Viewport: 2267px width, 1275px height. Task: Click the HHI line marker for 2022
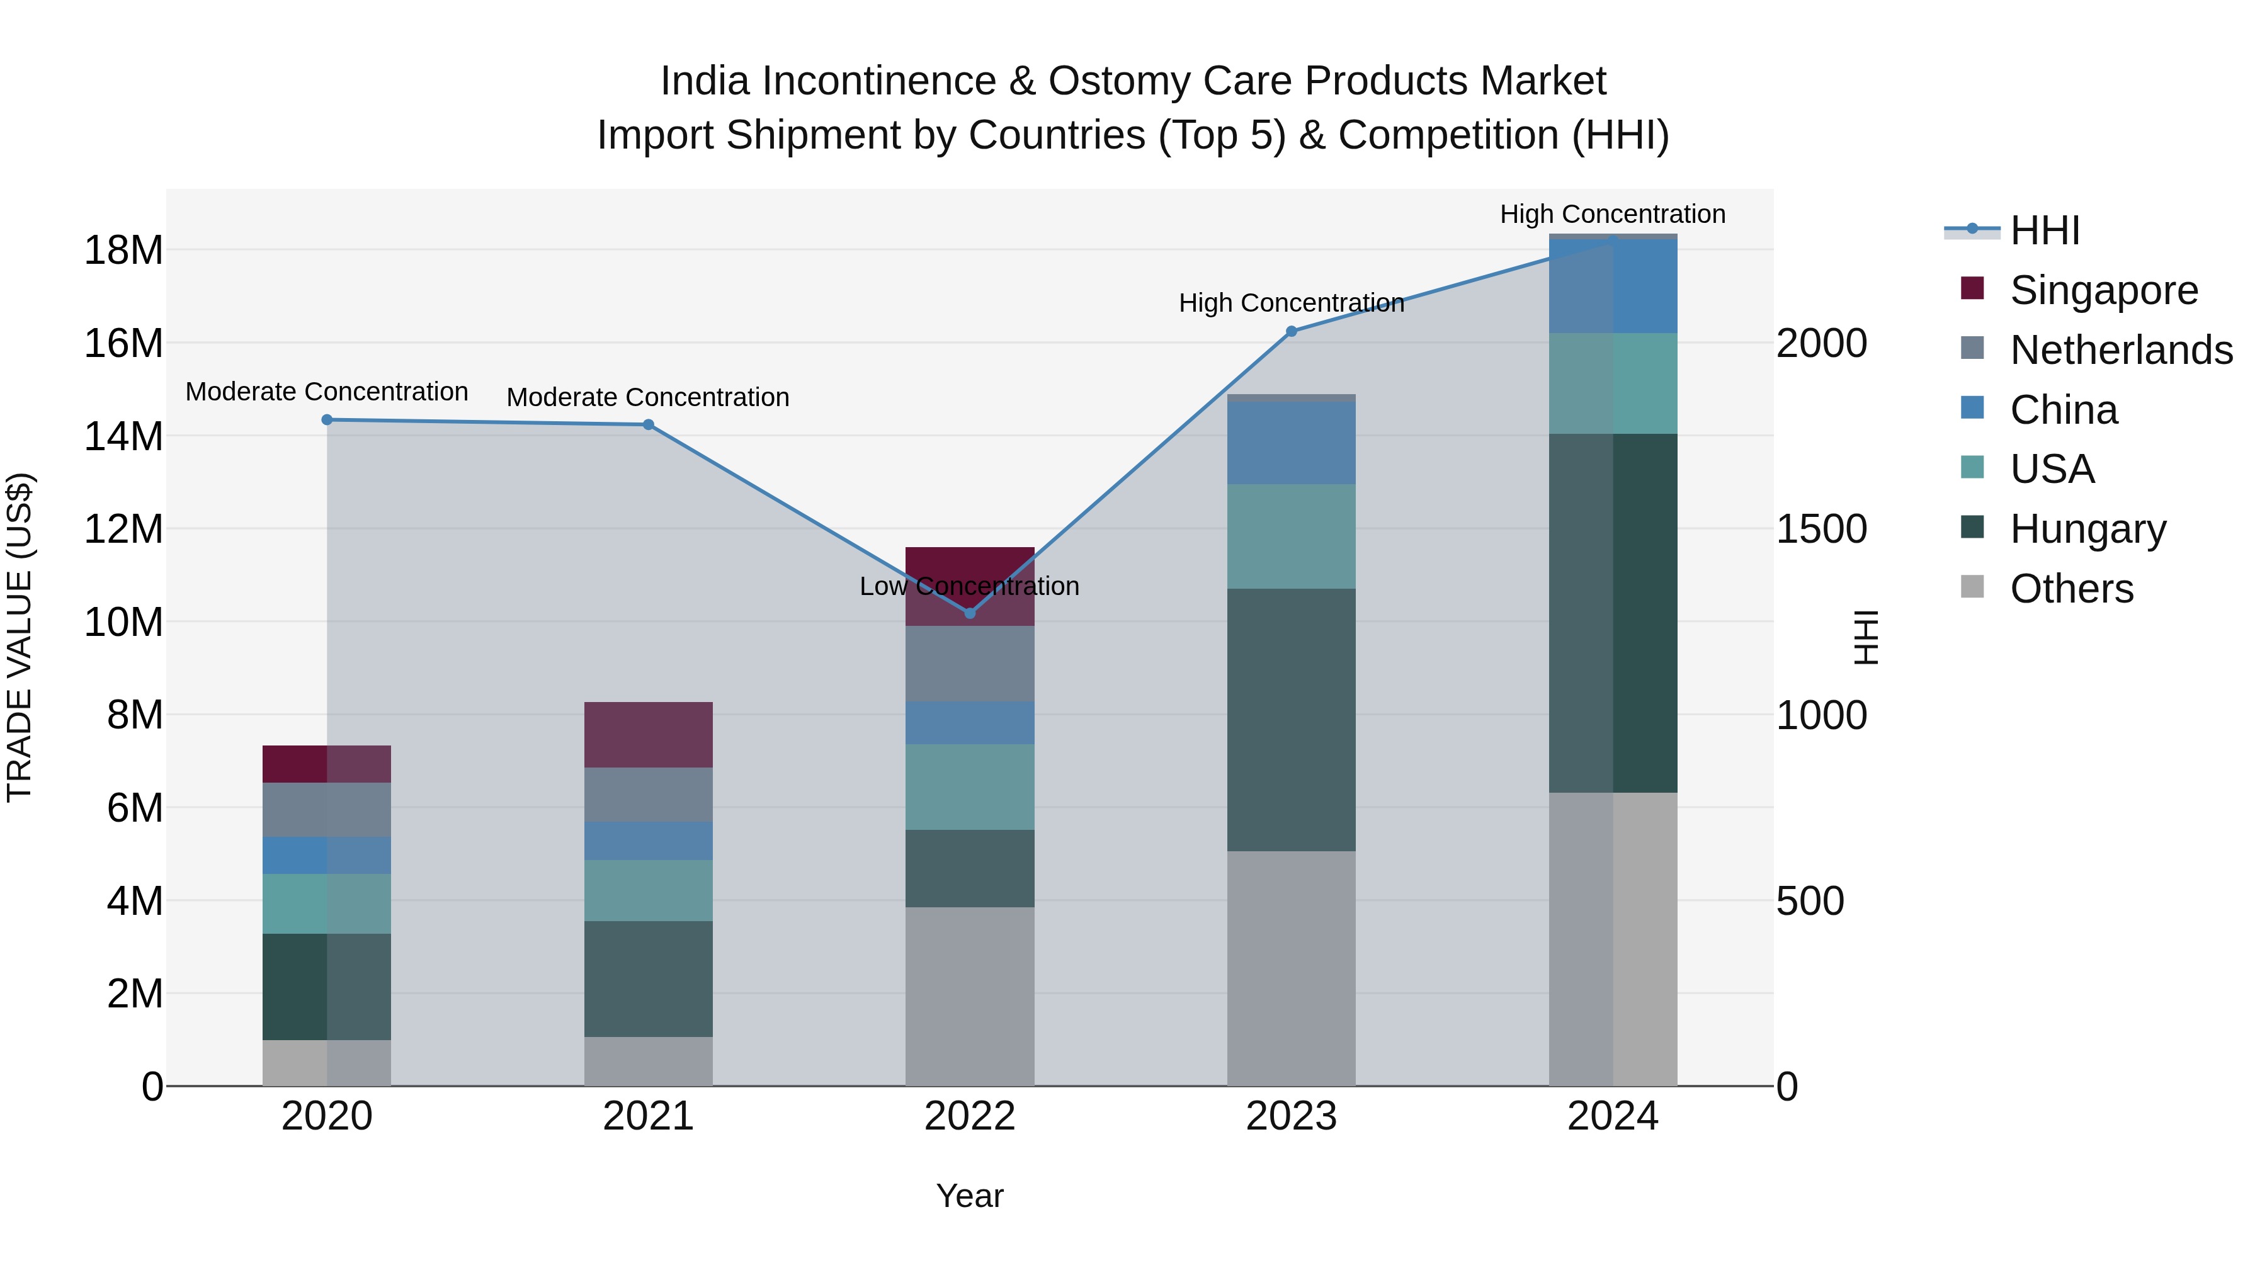coord(970,613)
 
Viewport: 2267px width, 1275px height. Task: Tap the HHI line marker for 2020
coord(326,420)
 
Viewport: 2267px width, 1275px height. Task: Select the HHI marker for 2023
coord(1291,332)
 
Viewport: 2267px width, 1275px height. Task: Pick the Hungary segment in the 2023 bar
coord(1291,719)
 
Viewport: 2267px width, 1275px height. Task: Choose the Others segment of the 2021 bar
coord(649,1061)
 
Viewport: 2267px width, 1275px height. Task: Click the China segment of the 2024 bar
coord(1613,286)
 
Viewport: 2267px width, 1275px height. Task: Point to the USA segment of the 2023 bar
coord(1291,536)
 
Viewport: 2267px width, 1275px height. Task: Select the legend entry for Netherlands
coord(2121,350)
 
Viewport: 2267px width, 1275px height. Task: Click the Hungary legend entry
coord(2088,529)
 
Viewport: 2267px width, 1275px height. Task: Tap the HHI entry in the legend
coord(2044,230)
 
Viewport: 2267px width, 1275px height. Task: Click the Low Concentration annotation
coord(969,586)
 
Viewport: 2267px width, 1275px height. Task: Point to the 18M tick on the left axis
coord(123,251)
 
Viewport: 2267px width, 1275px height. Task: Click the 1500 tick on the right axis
coord(1821,529)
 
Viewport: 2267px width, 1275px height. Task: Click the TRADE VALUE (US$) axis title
coord(20,638)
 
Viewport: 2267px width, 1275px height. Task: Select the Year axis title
coord(970,1196)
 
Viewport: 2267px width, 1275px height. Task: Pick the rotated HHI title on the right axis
coord(1865,638)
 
